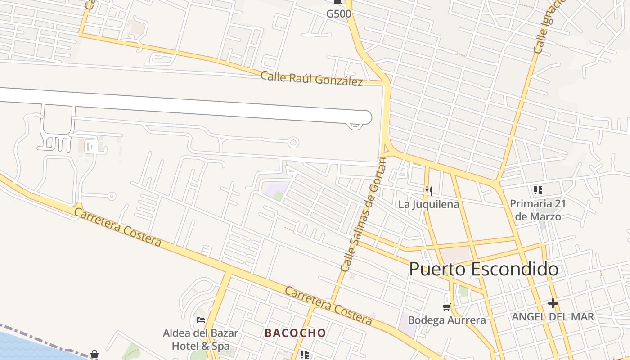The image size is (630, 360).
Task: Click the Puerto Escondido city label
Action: click(x=484, y=269)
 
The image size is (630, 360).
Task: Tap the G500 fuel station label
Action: click(x=338, y=13)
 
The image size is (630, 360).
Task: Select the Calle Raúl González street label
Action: click(x=311, y=78)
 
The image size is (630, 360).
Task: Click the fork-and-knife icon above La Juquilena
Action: click(x=428, y=191)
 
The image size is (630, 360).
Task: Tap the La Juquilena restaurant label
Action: click(x=428, y=204)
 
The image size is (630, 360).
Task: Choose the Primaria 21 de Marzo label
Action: click(x=538, y=210)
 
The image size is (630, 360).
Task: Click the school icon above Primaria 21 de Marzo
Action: click(x=538, y=190)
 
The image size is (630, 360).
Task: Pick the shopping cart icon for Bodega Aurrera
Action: click(x=446, y=307)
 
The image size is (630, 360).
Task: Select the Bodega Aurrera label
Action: click(x=446, y=320)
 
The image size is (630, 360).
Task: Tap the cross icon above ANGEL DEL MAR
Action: click(x=553, y=304)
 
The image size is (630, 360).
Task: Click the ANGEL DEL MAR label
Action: click(x=553, y=316)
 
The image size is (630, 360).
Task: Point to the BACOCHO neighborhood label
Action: click(x=295, y=333)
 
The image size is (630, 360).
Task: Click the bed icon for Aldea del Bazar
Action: click(x=201, y=320)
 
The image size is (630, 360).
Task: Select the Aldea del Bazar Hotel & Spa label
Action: click(x=201, y=340)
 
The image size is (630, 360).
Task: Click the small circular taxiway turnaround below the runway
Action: click(x=293, y=143)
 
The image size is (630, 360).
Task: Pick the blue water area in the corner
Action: click(x=27, y=349)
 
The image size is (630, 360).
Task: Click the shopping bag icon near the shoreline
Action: click(x=94, y=355)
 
